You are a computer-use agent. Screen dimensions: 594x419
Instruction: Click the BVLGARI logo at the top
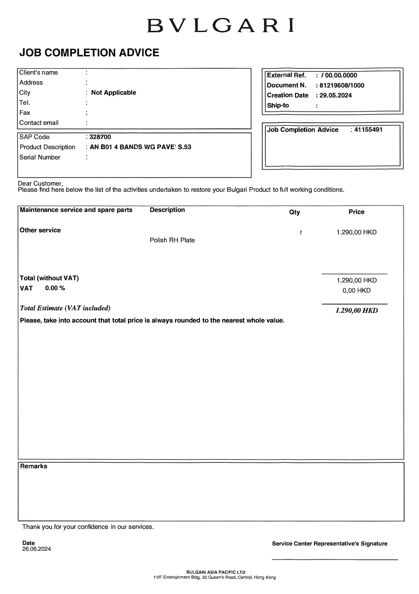coord(220,26)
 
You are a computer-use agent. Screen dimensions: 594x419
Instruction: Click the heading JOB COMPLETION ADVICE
coord(89,53)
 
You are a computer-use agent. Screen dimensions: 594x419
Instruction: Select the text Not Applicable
coord(113,93)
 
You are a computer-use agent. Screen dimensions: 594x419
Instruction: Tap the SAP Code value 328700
coord(100,137)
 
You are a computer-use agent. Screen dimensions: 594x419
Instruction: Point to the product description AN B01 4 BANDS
coord(140,147)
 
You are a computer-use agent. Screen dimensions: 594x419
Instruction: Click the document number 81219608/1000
coord(342,85)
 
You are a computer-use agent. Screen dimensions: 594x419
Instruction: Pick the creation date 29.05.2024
coord(335,95)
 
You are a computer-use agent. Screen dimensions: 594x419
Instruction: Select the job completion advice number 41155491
coord(368,129)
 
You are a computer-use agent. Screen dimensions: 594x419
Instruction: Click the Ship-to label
coord(278,105)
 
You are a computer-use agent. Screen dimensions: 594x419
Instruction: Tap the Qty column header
coord(294,212)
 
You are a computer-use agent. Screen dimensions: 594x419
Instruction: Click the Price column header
coord(356,212)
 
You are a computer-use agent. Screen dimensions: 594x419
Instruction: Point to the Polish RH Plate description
coord(172,240)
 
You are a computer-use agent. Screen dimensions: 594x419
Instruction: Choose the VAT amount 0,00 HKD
coord(356,291)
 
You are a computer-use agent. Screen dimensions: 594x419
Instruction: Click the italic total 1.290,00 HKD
coord(356,311)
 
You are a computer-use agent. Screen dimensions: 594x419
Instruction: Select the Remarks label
coord(34,466)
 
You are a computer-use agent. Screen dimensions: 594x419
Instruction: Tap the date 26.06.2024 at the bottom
coord(37,549)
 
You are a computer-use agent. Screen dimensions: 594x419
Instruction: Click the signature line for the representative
coord(334,559)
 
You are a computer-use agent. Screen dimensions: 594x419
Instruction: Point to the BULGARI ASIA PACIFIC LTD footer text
coord(216,572)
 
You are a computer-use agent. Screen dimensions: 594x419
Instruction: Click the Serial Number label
coord(40,157)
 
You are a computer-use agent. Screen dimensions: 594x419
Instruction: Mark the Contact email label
coord(39,123)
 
